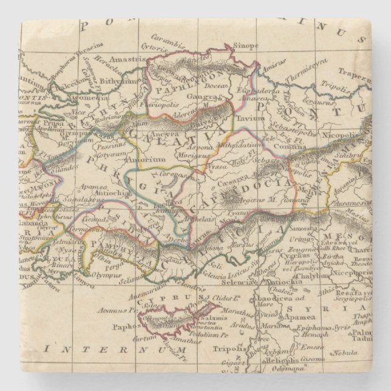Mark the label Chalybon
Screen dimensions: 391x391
[x=320, y=273]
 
